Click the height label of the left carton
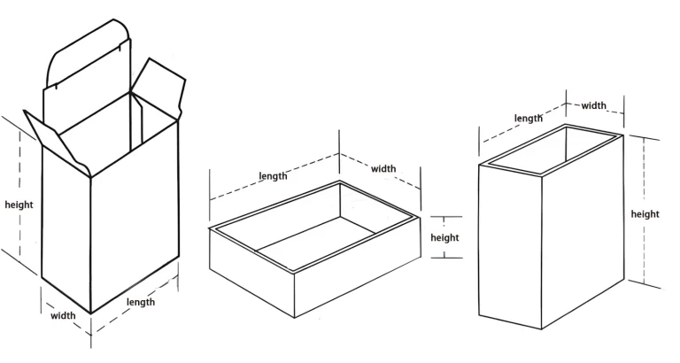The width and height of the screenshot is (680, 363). [x=19, y=205]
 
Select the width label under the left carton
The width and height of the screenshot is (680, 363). [x=62, y=314]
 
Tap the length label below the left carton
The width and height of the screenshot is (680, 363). [x=141, y=302]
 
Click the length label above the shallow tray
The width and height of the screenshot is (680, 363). [x=273, y=176]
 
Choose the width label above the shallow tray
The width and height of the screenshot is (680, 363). [x=383, y=168]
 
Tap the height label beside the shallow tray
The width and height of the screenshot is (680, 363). [x=445, y=237]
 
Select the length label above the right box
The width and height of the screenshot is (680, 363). [x=529, y=118]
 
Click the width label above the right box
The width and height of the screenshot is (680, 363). [x=594, y=105]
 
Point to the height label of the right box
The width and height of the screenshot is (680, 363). [x=645, y=213]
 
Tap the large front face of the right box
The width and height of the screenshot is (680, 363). [x=510, y=248]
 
